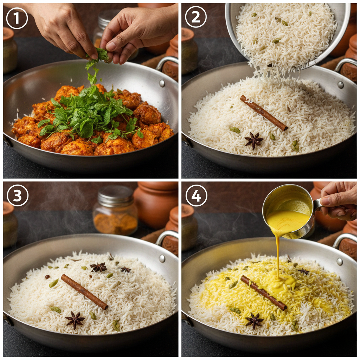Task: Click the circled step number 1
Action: (x=17, y=18)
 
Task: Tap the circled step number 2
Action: (x=196, y=17)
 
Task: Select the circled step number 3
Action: (x=18, y=195)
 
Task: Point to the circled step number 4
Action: (x=196, y=195)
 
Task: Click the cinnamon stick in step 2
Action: (x=264, y=113)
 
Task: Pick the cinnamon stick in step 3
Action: (x=84, y=291)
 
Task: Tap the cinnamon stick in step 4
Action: (x=264, y=293)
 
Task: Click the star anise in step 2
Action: (x=254, y=141)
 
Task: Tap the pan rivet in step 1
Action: (x=162, y=83)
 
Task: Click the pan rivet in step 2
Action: (x=340, y=85)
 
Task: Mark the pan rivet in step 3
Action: (x=162, y=258)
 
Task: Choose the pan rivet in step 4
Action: (x=340, y=262)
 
